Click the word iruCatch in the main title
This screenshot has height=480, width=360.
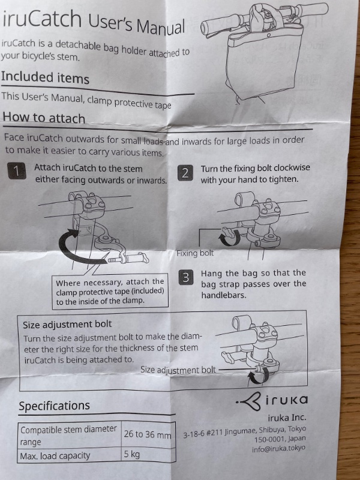point(42,19)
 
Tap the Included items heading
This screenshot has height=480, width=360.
point(45,77)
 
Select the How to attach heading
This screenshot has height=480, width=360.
point(44,118)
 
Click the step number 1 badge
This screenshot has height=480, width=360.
point(17,171)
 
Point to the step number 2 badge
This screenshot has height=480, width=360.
point(185,173)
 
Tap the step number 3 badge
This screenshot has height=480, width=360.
point(186,277)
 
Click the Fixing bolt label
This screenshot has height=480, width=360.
point(195,253)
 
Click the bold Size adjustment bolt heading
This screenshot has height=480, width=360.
point(67,324)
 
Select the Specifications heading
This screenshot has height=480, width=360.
point(54,406)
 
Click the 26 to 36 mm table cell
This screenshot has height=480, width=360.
point(148,434)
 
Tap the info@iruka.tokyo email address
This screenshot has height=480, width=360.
point(278,448)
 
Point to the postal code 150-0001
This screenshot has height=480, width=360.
point(268,439)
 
